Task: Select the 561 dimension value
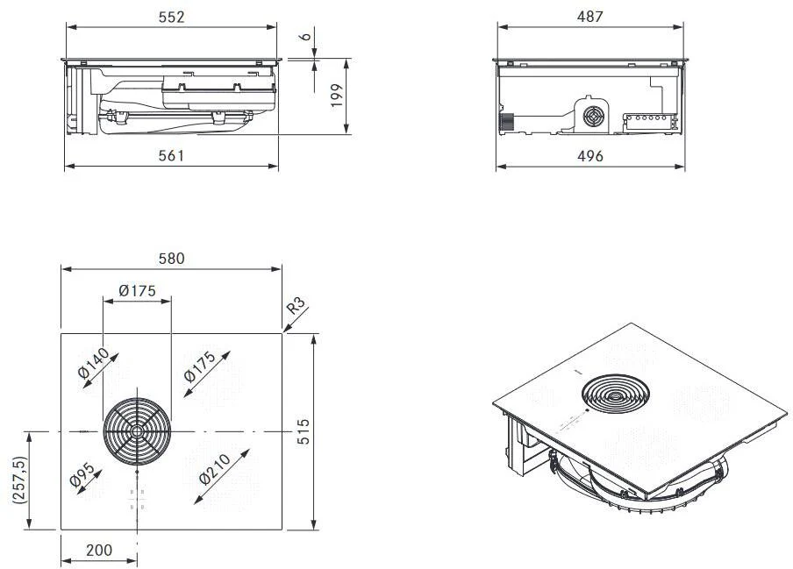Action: coord(171,155)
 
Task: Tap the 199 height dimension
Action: coord(336,96)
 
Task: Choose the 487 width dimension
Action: coord(589,17)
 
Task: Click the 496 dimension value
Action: coord(589,155)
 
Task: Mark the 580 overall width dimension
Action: coord(171,260)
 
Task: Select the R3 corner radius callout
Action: coord(296,307)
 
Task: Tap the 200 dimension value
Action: coord(98,550)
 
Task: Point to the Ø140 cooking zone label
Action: coord(93,361)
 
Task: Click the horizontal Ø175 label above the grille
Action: coord(137,289)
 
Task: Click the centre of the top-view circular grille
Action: coord(136,432)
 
